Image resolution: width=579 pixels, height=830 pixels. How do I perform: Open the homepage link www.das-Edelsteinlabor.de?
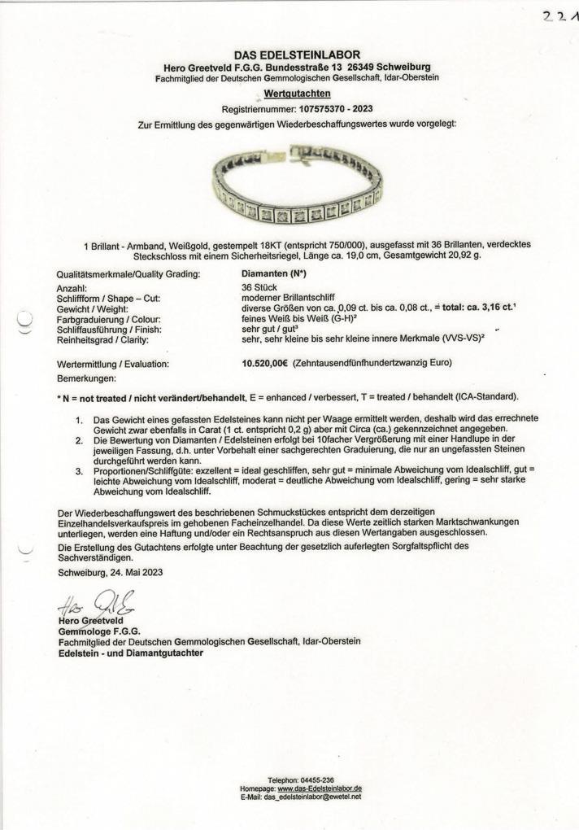click(319, 788)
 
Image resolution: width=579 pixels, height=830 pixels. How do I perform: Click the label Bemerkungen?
click(87, 379)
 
